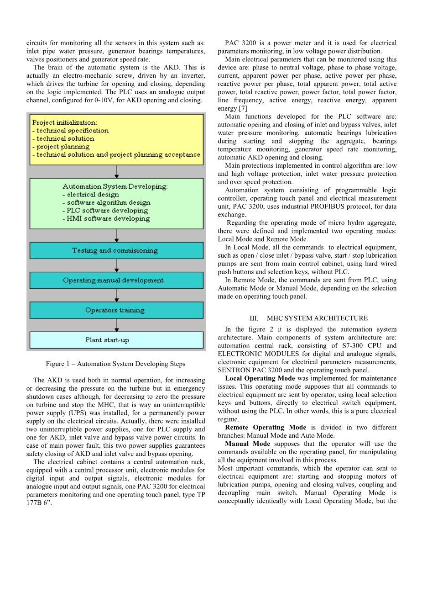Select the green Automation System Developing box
(x=116, y=203)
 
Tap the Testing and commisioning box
(x=116, y=250)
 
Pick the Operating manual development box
(x=116, y=280)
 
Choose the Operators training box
(x=116, y=310)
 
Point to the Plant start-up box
(x=116, y=340)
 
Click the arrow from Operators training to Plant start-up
(x=117, y=325)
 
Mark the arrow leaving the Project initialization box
(x=117, y=171)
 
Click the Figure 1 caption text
(x=115, y=364)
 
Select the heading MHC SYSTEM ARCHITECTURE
(x=317, y=318)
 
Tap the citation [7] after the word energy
(x=243, y=109)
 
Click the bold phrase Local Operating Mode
(x=260, y=379)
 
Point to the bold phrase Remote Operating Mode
(x=266, y=428)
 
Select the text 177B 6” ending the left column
(x=39, y=503)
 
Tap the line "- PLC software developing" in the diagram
(x=105, y=211)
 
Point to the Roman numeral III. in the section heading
(x=254, y=318)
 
